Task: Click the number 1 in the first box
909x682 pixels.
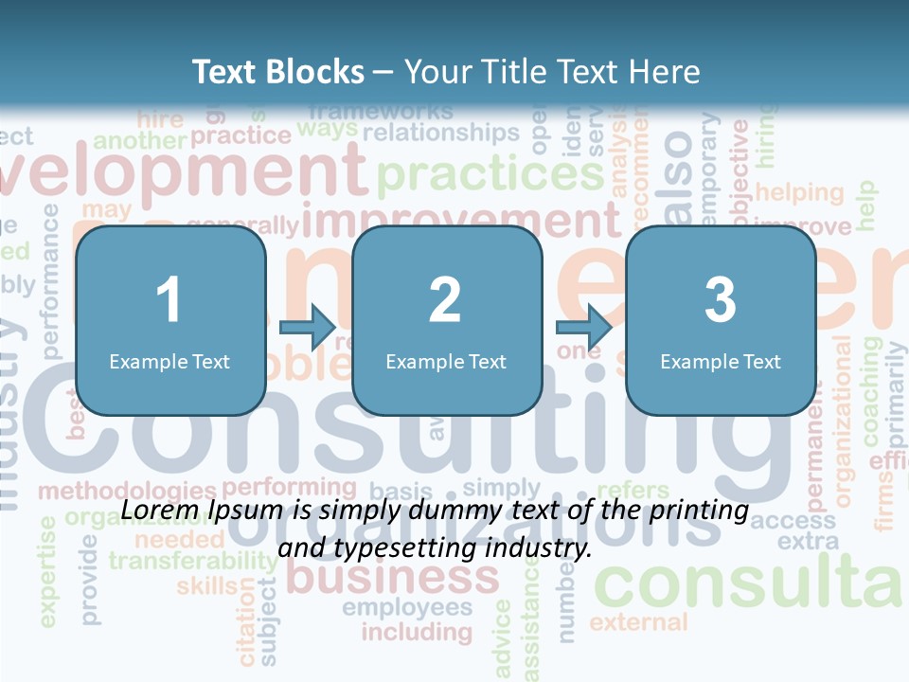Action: tap(169, 300)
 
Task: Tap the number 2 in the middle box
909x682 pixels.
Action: tap(445, 300)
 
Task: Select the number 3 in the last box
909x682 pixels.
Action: tap(721, 300)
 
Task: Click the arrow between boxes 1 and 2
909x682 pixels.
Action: tap(308, 328)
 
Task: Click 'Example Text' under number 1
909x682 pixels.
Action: tap(169, 361)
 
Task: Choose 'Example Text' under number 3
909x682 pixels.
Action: tap(721, 361)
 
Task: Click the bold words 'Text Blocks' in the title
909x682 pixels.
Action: tap(277, 71)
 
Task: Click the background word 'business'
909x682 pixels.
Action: tap(392, 576)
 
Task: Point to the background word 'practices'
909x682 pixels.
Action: tap(490, 174)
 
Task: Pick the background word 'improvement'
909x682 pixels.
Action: tap(461, 220)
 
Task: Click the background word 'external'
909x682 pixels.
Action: tap(638, 622)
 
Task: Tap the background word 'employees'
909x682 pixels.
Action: tap(407, 606)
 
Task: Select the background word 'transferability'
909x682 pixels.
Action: tap(193, 561)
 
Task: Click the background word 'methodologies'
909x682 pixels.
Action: tap(127, 492)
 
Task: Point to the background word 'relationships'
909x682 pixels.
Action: tap(441, 133)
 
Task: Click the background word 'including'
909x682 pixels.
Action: tap(417, 631)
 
